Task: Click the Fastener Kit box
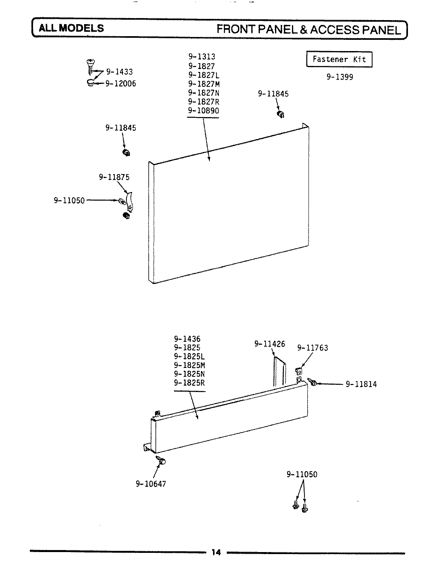click(x=339, y=60)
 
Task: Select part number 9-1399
click(x=339, y=77)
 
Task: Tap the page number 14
click(x=216, y=552)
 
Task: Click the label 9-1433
click(x=119, y=72)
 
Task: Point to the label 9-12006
click(x=121, y=84)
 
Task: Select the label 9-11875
click(x=114, y=177)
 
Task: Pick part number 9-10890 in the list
click(x=203, y=111)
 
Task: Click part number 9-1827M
click(x=203, y=84)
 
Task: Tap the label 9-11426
click(x=269, y=344)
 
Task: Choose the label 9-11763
click(x=313, y=348)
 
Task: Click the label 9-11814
click(x=361, y=384)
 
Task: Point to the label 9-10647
click(x=151, y=484)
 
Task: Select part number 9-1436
click(x=187, y=339)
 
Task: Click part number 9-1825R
click(x=189, y=383)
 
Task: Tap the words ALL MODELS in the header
click(x=71, y=28)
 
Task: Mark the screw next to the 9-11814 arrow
click(x=313, y=382)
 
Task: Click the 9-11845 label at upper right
click(x=273, y=94)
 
